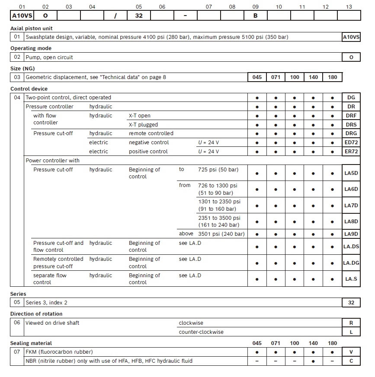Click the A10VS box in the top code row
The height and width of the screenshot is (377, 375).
pos(22,15)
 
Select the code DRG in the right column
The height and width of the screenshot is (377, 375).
pos(351,133)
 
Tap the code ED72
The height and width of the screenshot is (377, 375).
pos(351,143)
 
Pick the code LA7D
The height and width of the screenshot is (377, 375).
pos(351,206)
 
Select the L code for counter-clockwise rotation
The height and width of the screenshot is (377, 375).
pos(351,332)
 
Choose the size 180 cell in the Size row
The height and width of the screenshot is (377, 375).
pos(332,77)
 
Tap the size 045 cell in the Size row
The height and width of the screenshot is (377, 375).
pos(257,77)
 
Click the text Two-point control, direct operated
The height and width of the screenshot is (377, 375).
pos(68,98)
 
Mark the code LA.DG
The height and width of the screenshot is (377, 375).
pos(351,263)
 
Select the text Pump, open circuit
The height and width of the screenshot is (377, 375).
pos(49,57)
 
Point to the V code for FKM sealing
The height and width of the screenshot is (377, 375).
pos(351,352)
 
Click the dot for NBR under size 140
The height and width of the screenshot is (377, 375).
pos(314,361)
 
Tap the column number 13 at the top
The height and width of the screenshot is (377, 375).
pos(349,7)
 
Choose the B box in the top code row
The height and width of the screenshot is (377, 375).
pos(255,15)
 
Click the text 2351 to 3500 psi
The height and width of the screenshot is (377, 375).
pos(219,218)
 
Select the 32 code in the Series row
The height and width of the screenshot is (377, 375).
pos(351,302)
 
